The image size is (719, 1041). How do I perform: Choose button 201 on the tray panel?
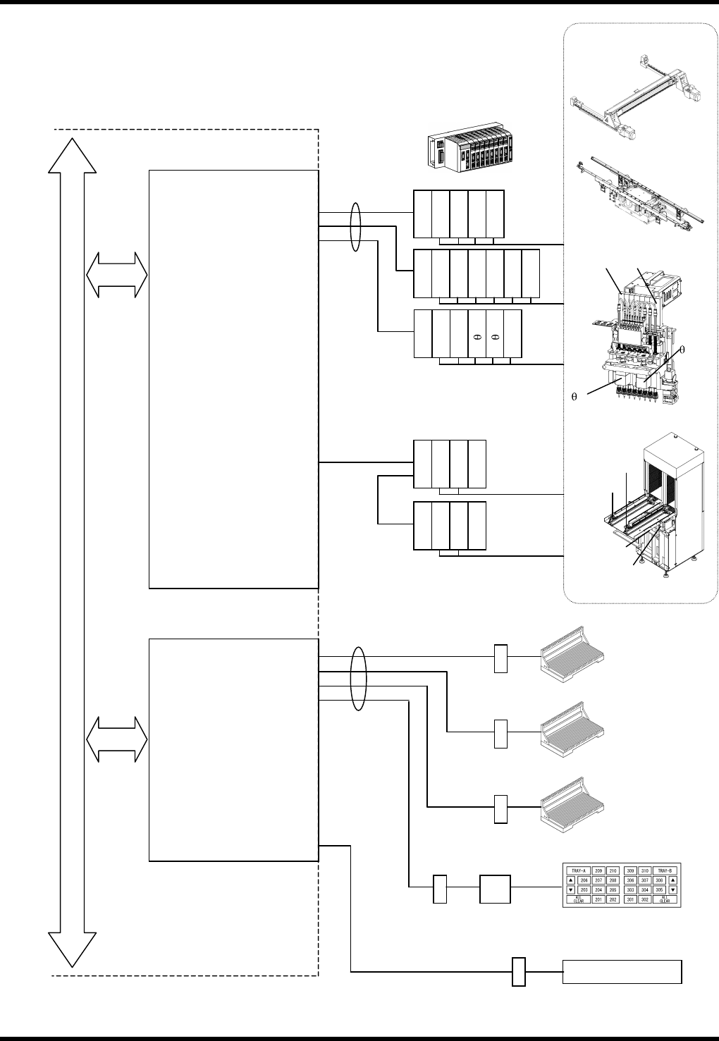tap(598, 899)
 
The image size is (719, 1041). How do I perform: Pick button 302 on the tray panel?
tap(644, 899)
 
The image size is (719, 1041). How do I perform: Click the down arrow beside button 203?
tap(570, 889)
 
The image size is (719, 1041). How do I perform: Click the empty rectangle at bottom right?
tap(622, 971)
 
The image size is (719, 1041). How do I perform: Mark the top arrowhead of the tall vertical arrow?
tap(73, 155)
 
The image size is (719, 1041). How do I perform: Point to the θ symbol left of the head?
tap(574, 396)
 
